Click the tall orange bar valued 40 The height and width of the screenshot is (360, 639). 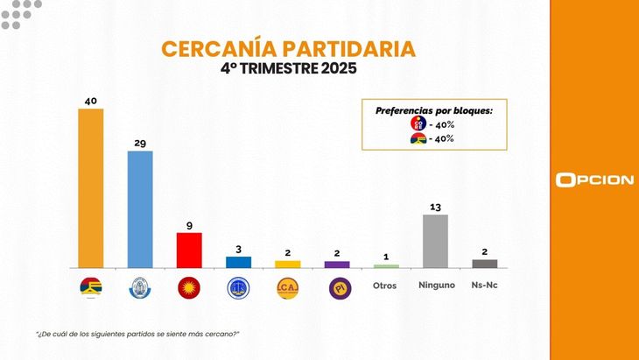[x=91, y=187]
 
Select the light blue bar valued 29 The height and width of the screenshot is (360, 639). [x=140, y=209]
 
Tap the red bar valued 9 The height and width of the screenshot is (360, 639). [x=189, y=250]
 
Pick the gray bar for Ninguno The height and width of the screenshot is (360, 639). [x=435, y=241]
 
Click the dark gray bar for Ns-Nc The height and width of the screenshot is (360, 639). [x=484, y=264]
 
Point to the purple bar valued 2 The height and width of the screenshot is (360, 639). [x=337, y=264]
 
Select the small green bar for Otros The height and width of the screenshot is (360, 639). [x=386, y=265]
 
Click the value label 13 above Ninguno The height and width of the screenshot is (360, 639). [x=435, y=207]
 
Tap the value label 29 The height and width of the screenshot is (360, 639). [x=140, y=143]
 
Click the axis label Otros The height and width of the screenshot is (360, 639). [x=385, y=286]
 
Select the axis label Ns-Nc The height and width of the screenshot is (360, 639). [x=485, y=286]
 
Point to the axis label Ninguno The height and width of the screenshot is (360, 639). [x=435, y=286]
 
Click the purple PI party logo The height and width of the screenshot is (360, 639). [x=337, y=287]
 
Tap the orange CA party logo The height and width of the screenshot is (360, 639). [x=287, y=287]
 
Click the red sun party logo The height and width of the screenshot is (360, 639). [x=189, y=287]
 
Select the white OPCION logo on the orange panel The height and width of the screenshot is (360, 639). [x=594, y=180]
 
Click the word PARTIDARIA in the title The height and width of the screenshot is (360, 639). [x=322, y=49]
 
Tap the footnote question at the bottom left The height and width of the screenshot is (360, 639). [x=137, y=335]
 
